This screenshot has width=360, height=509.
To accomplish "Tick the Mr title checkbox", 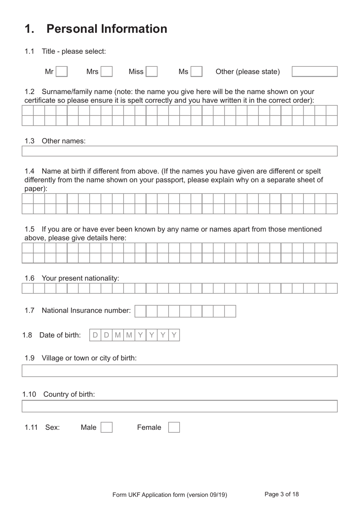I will (62, 72).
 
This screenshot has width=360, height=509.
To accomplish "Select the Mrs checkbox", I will (106, 72).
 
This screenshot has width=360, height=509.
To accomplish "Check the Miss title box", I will (152, 72).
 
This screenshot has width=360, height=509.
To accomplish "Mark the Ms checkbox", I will (196, 72).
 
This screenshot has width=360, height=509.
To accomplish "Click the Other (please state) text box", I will (315, 72).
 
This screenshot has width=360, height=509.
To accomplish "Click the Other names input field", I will (180, 151).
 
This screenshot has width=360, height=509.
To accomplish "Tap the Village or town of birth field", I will (180, 371).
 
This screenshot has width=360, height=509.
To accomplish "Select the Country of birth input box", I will (180, 406).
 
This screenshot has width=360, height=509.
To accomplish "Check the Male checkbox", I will (106, 427).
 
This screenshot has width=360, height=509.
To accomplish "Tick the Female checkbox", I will (174, 427).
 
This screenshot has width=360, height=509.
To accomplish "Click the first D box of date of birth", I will (95, 335).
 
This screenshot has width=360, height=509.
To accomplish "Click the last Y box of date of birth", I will (174, 335).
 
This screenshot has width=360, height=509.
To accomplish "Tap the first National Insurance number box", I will (140, 311).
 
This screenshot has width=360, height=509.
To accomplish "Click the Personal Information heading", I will (106, 29).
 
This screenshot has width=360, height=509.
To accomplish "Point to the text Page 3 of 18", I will (282, 494).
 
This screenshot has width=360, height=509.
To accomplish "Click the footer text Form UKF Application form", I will (169, 495).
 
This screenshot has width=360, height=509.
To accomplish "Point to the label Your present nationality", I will (80, 278).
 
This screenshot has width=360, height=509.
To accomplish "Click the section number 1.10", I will (29, 394).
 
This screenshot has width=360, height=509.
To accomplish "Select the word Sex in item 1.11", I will (52, 427).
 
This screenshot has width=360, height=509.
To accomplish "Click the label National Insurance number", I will (86, 311).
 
